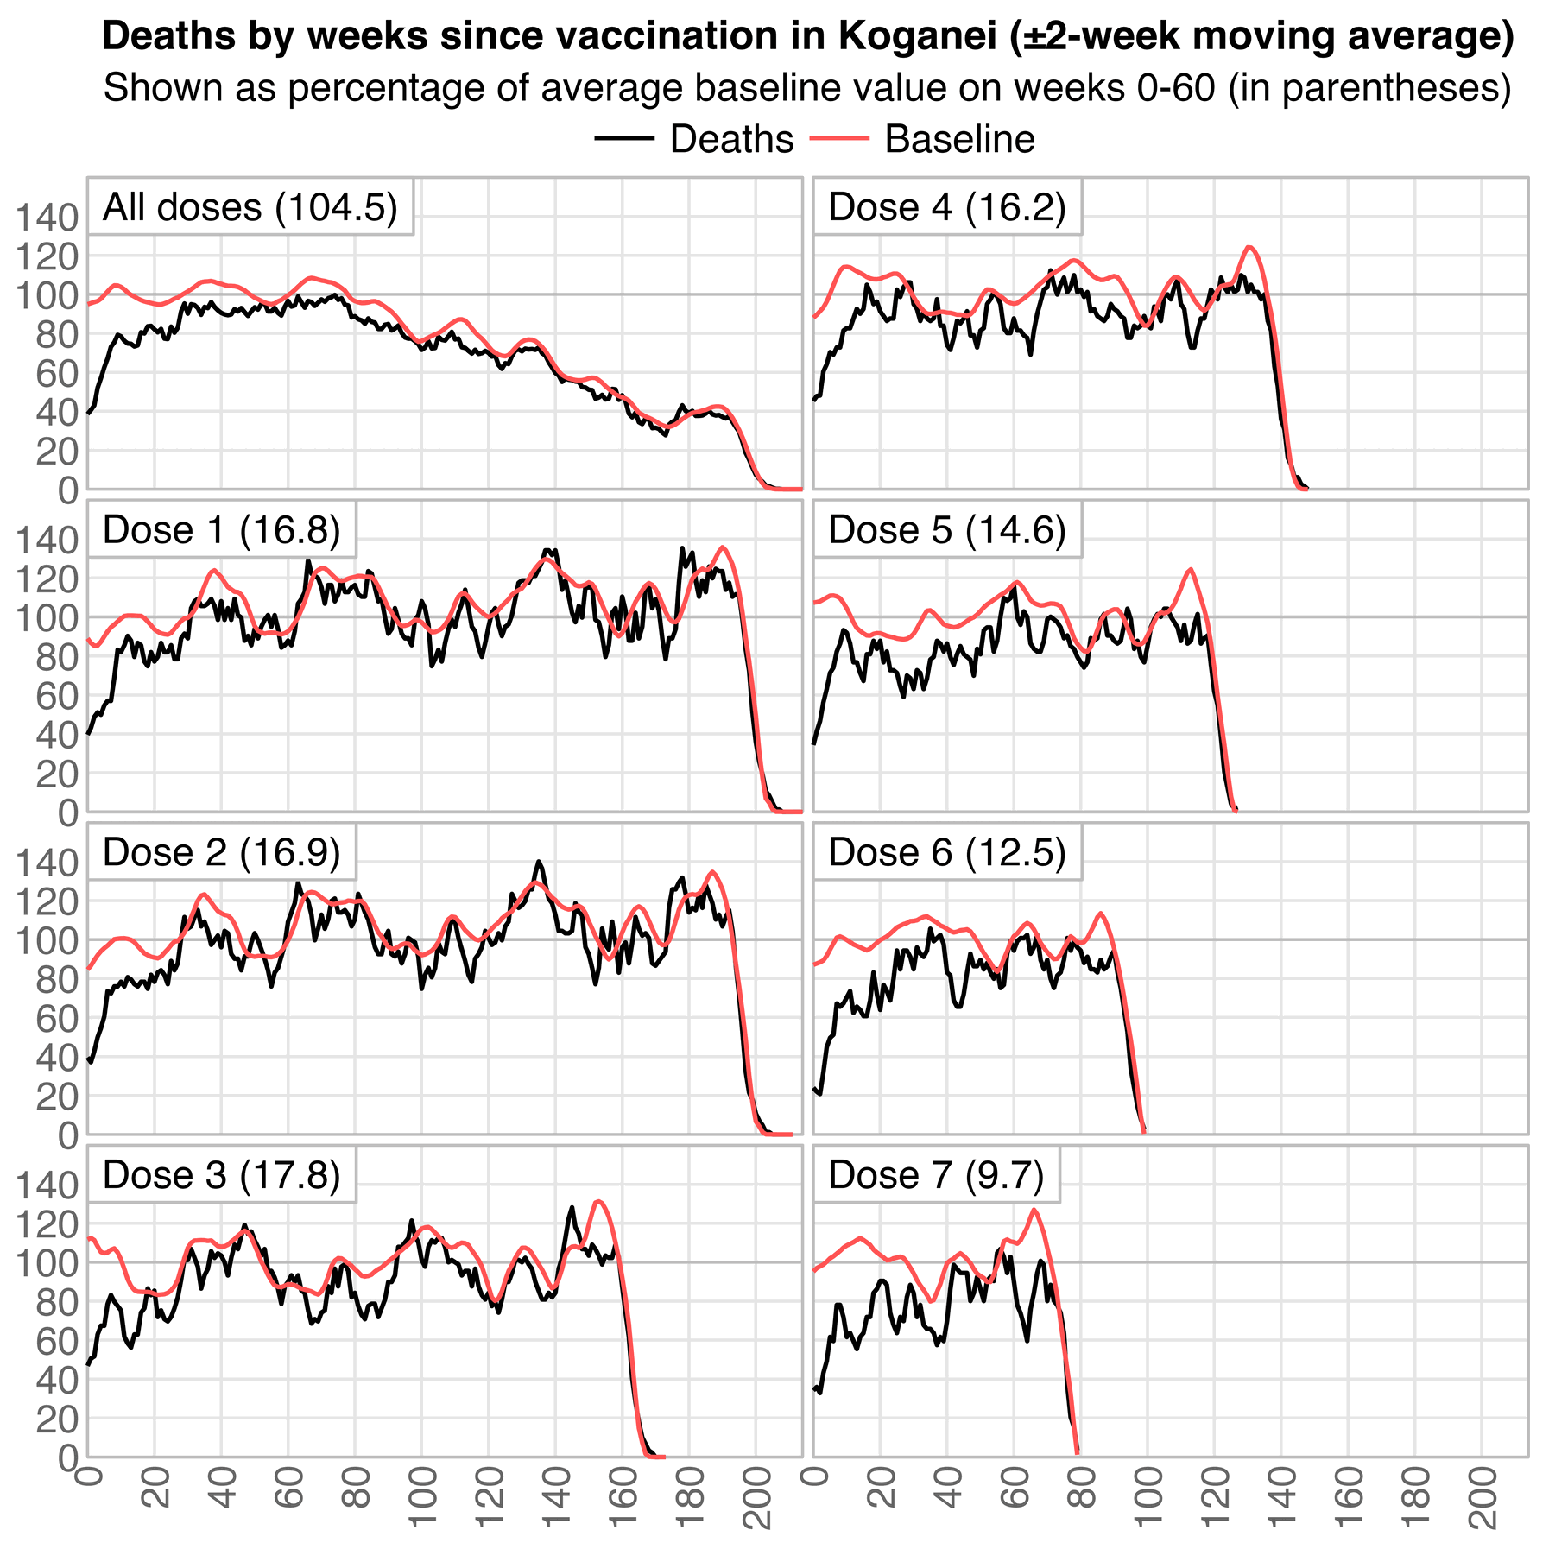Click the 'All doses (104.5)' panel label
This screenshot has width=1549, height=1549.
coord(250,207)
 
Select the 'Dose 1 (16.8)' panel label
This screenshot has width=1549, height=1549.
coord(221,529)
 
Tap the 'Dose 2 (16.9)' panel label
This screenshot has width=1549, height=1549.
coord(221,852)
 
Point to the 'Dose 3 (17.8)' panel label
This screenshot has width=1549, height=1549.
coord(221,1175)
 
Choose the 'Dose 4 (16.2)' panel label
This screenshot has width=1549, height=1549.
coord(946,207)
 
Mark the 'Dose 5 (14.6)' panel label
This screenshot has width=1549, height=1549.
coord(946,529)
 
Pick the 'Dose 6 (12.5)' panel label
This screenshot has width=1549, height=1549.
coord(946,852)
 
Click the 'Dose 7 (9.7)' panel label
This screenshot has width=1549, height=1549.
coord(936,1175)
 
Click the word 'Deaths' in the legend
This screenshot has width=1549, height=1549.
coord(731,139)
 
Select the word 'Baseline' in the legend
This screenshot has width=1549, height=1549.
coord(959,139)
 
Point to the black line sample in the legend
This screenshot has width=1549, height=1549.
coord(624,139)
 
